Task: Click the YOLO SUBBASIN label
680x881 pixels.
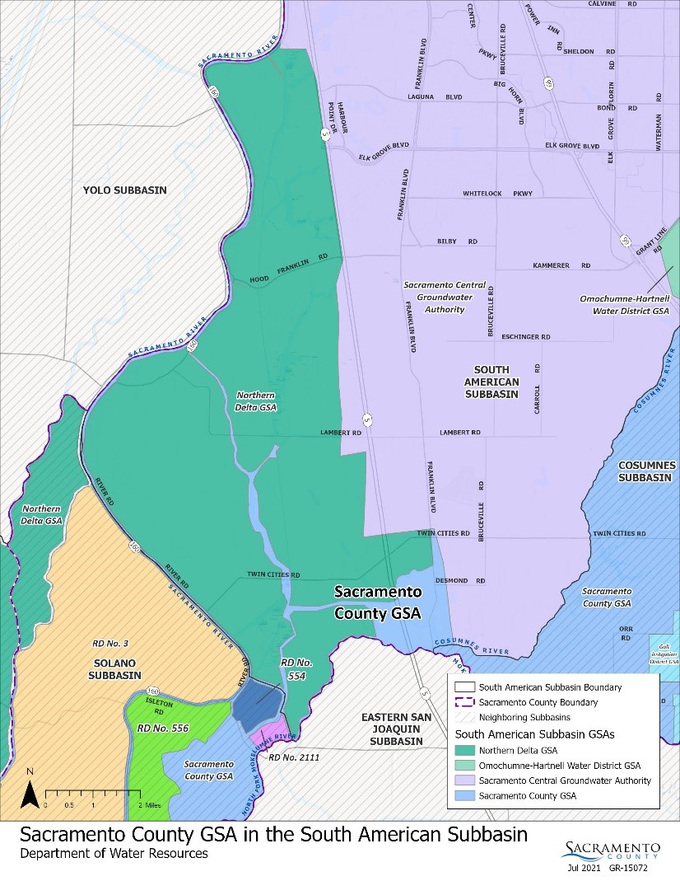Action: (124, 190)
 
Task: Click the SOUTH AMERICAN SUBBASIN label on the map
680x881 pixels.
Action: (491, 382)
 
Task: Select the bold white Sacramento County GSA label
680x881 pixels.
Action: (377, 602)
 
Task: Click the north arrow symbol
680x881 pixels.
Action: (29, 794)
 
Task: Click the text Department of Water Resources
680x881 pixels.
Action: (114, 855)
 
